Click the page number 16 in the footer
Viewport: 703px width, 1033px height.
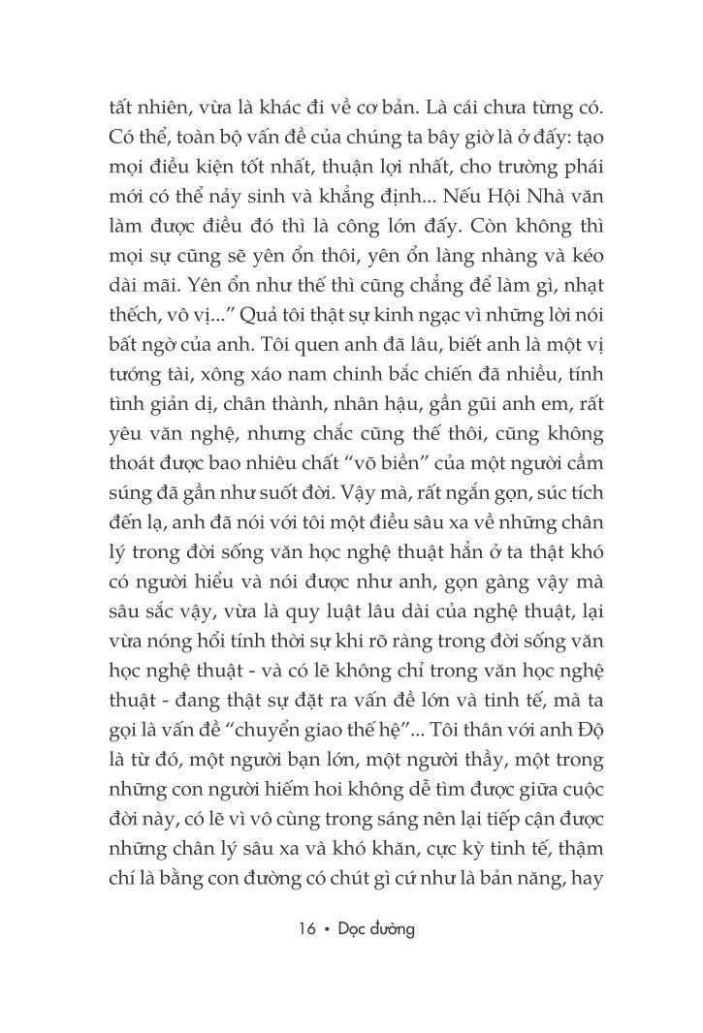308,928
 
